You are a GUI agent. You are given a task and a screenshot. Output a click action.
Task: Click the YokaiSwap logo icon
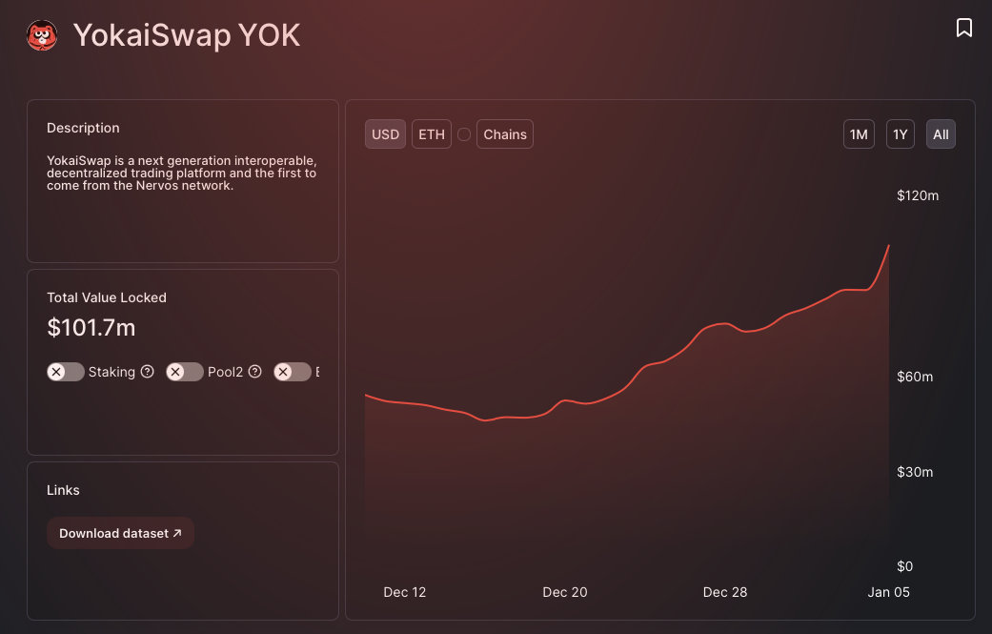tap(42, 36)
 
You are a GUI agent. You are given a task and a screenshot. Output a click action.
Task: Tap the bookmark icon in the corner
tap(964, 28)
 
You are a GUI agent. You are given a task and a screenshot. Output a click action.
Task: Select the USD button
tap(385, 134)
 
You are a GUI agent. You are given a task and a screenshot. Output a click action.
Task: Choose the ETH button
tap(432, 134)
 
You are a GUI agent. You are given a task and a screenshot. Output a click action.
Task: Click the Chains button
tap(504, 134)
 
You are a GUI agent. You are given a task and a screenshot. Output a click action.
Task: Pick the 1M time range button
tap(859, 134)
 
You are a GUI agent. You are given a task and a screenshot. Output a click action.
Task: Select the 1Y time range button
tap(900, 134)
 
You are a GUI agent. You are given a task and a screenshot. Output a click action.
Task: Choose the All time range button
tap(941, 134)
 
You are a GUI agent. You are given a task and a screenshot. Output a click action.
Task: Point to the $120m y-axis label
tap(918, 195)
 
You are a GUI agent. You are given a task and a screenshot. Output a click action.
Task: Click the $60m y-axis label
tap(915, 377)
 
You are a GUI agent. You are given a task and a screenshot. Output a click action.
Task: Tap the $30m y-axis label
tap(915, 472)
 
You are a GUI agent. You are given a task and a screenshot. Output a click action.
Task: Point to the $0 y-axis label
tap(906, 566)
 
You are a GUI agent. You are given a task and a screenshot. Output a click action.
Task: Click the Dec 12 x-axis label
tap(405, 592)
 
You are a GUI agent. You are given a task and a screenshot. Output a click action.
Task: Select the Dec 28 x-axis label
tap(725, 592)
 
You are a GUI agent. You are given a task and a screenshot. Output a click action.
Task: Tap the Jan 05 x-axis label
tap(888, 592)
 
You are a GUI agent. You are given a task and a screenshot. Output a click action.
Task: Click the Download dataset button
tap(120, 534)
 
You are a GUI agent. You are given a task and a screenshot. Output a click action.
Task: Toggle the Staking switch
tap(65, 372)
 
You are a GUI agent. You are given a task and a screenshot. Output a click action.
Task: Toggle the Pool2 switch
tap(184, 372)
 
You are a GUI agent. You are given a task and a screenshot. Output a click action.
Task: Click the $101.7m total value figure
tap(91, 328)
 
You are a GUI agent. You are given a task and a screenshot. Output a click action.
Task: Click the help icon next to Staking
tap(148, 372)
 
